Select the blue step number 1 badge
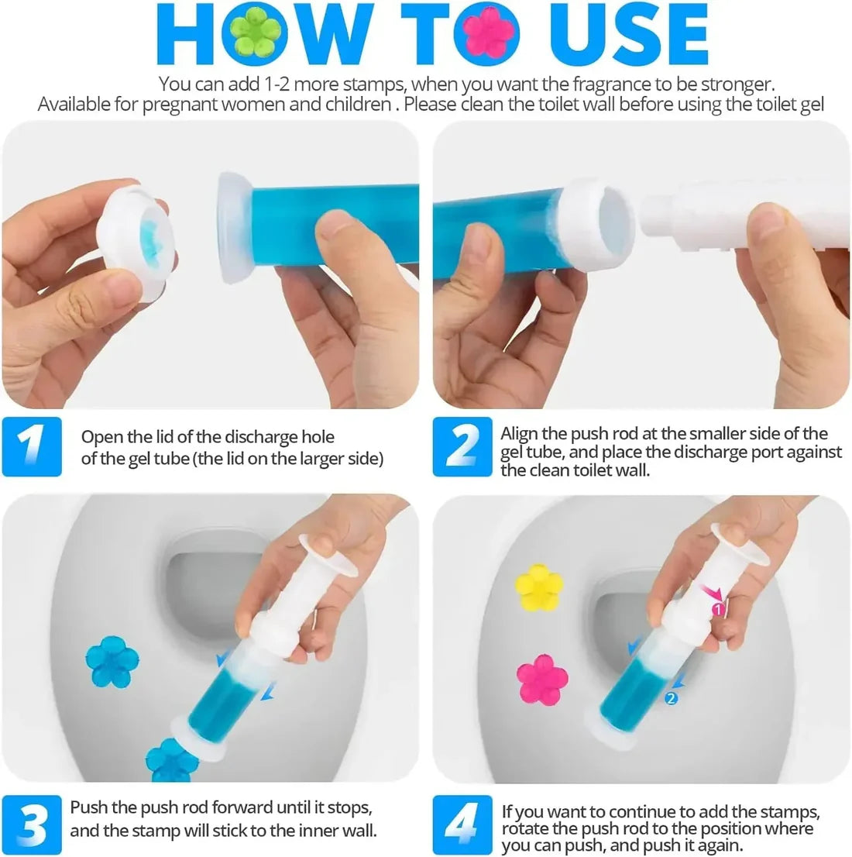point(32,446)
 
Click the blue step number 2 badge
point(462,446)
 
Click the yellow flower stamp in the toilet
point(539,587)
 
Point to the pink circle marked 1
point(717,611)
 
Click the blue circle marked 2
point(671,699)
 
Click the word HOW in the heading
point(267,35)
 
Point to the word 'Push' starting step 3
point(88,807)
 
